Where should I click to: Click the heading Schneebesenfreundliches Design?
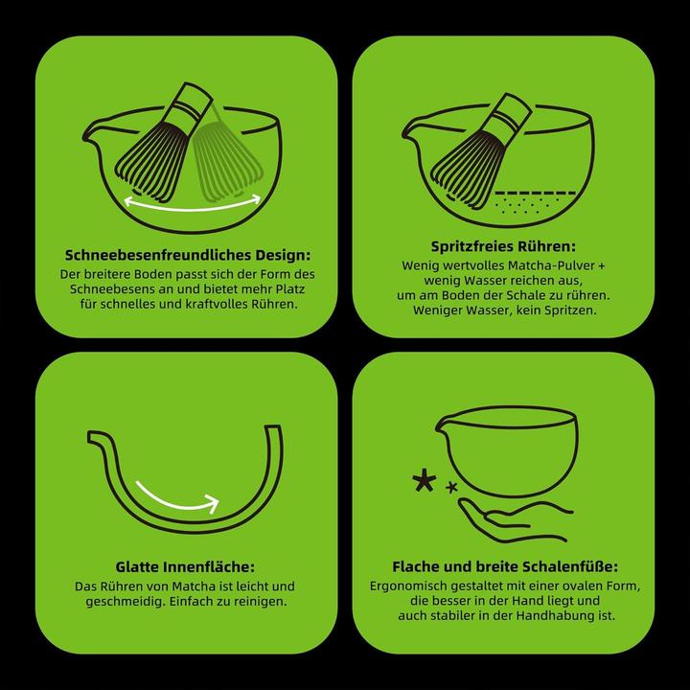coord(188,255)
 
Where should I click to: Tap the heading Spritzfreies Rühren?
coord(503,246)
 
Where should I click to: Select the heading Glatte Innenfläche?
coord(185,566)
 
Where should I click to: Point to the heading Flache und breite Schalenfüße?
coord(505,566)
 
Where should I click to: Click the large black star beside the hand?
coord(425,482)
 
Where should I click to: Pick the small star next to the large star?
coord(451,487)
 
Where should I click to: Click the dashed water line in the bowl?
coord(536,193)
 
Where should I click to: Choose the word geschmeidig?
coord(126,601)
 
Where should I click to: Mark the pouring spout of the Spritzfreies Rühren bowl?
coord(412,128)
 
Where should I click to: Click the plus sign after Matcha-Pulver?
coord(602,266)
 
